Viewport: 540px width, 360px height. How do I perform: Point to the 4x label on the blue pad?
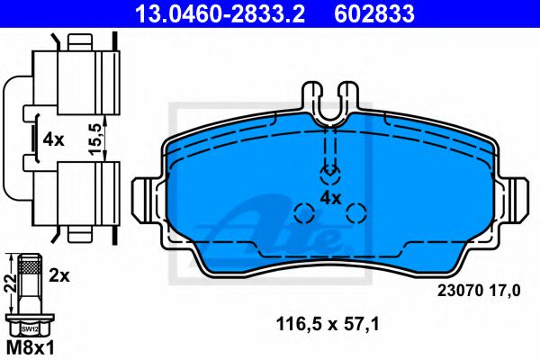pos(331,197)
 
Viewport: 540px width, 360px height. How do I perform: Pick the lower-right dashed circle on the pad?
pos(357,213)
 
